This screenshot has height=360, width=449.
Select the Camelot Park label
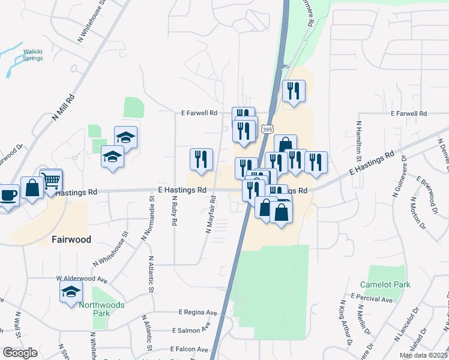tap(385, 284)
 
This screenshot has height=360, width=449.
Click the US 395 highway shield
tap(267, 129)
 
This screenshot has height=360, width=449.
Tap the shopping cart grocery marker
tap(52, 179)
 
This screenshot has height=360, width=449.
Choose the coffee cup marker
tap(8, 196)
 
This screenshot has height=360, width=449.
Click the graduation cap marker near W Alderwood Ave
tap(71, 293)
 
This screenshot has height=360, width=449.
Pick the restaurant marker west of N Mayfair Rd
tap(201, 159)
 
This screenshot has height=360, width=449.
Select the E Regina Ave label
tap(198, 313)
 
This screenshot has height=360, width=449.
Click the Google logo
tap(20, 353)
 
